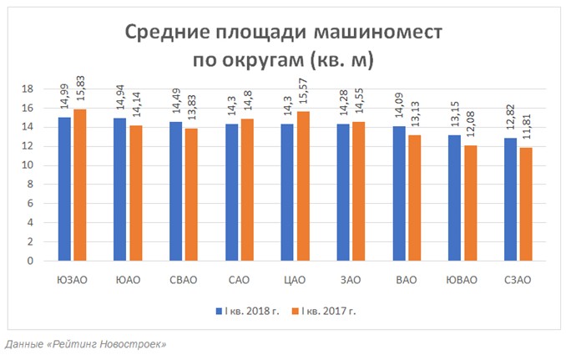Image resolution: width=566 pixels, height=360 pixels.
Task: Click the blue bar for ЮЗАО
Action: click(x=64, y=189)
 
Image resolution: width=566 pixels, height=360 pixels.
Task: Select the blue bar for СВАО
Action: click(x=175, y=191)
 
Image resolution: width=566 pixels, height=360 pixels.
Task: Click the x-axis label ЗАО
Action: click(x=351, y=280)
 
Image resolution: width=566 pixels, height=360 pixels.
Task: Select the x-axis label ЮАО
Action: click(x=128, y=280)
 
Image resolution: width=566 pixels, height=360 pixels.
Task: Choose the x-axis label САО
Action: click(x=240, y=280)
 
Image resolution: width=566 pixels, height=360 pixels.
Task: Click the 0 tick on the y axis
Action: click(x=30, y=261)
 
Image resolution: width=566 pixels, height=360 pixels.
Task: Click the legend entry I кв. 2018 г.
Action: click(x=247, y=311)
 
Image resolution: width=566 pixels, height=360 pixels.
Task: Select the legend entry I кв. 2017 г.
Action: click(x=326, y=311)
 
